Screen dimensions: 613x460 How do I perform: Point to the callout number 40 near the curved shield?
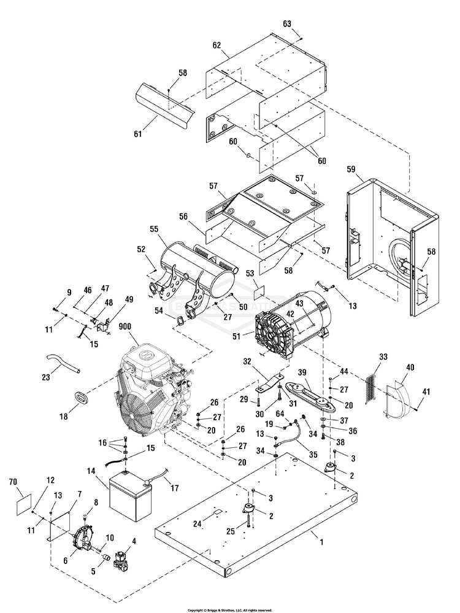pos(410,368)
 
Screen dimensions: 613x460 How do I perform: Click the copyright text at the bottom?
pos(229,610)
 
